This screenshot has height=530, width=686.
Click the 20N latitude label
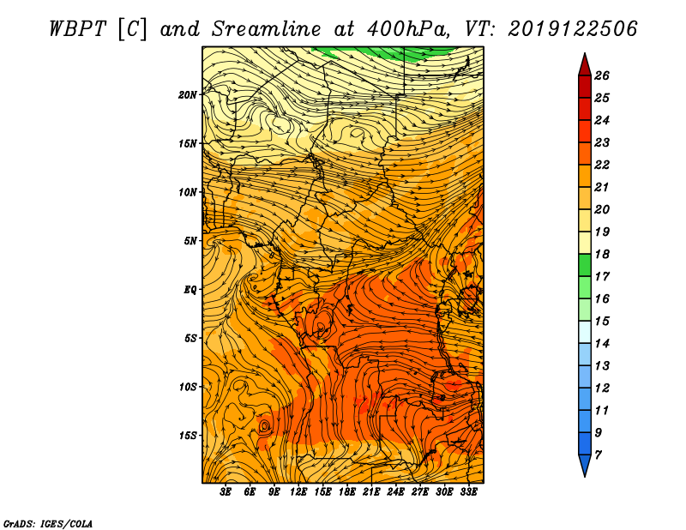[188, 95]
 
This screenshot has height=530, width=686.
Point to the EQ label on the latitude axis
[190, 290]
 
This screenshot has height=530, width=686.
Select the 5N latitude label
[190, 241]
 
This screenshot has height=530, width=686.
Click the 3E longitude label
[226, 492]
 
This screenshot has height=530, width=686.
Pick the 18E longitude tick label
[347, 492]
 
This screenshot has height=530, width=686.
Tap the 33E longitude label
[468, 492]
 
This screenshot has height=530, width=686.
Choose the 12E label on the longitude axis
[298, 492]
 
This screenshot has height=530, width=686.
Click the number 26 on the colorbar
[602, 75]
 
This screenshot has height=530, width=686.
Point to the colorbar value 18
[602, 254]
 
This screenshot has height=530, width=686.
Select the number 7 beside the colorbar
[598, 455]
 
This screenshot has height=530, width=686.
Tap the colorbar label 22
[602, 165]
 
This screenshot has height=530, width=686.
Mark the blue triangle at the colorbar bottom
[585, 464]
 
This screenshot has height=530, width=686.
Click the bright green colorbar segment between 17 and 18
[585, 265]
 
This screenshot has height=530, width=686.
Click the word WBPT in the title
[77, 29]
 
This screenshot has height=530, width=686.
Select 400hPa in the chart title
[408, 29]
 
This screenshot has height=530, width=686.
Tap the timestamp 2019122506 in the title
[573, 29]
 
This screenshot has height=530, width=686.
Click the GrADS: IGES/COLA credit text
[48, 523]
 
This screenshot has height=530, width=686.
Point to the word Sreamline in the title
[267, 29]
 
